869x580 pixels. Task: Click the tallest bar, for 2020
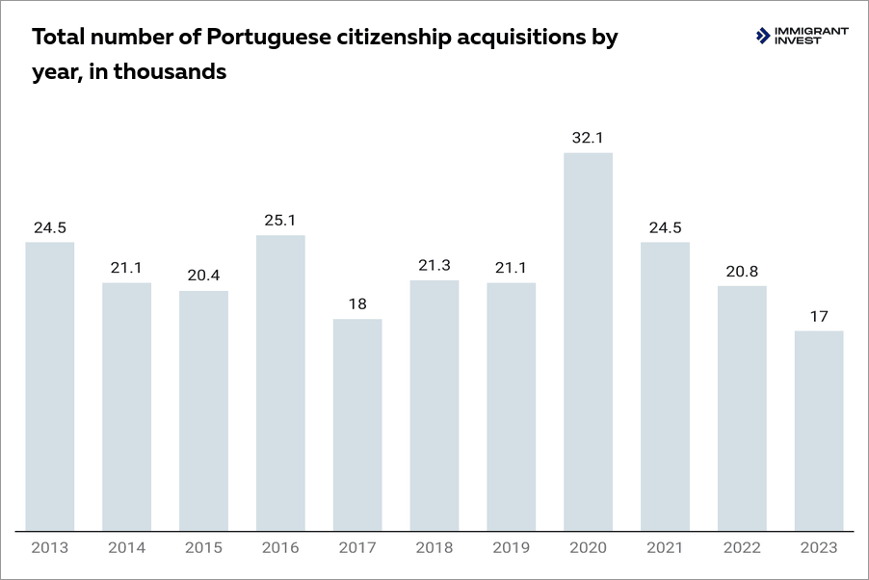(588, 342)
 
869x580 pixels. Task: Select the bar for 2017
(357, 425)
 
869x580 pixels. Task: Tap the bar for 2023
(819, 431)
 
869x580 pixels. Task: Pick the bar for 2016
(280, 382)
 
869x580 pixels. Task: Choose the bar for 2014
(127, 406)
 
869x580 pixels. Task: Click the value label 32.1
(588, 138)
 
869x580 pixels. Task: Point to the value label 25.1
(280, 221)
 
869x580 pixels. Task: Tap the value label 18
(357, 304)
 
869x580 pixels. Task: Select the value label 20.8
(742, 271)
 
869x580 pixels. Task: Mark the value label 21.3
(434, 266)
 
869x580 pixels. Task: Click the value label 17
(819, 316)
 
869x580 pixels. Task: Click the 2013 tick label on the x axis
(50, 548)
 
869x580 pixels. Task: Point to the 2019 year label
(512, 548)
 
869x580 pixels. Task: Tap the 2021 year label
(665, 548)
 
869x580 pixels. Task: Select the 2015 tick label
(203, 548)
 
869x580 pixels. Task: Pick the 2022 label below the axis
(742, 548)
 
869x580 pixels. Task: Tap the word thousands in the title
(171, 71)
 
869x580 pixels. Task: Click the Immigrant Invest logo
(803, 36)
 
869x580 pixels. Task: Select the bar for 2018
(434, 405)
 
